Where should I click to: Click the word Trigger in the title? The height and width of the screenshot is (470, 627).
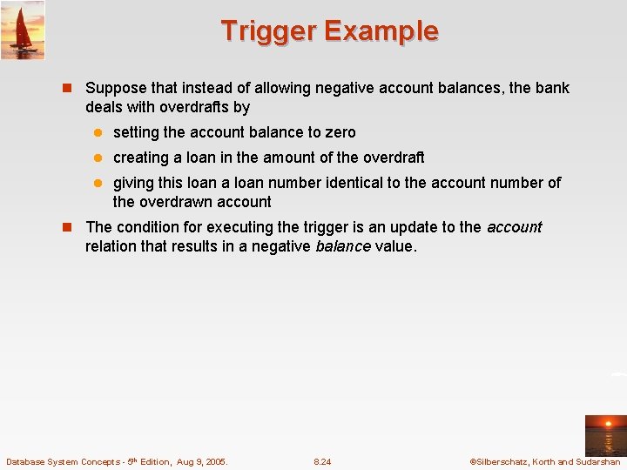tap(268, 30)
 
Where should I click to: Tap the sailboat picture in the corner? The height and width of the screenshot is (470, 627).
tap(23, 30)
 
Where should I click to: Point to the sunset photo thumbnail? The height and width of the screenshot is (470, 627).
tap(605, 435)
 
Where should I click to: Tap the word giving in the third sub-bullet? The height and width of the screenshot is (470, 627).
tap(133, 183)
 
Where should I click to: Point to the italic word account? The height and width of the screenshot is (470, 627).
tap(514, 227)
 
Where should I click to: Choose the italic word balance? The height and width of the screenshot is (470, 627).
tap(342, 246)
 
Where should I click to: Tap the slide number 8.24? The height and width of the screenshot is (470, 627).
tap(322, 461)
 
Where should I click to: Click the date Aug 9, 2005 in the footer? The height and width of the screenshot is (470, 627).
tap(201, 461)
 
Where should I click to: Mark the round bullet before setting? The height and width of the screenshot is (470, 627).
tap(98, 132)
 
